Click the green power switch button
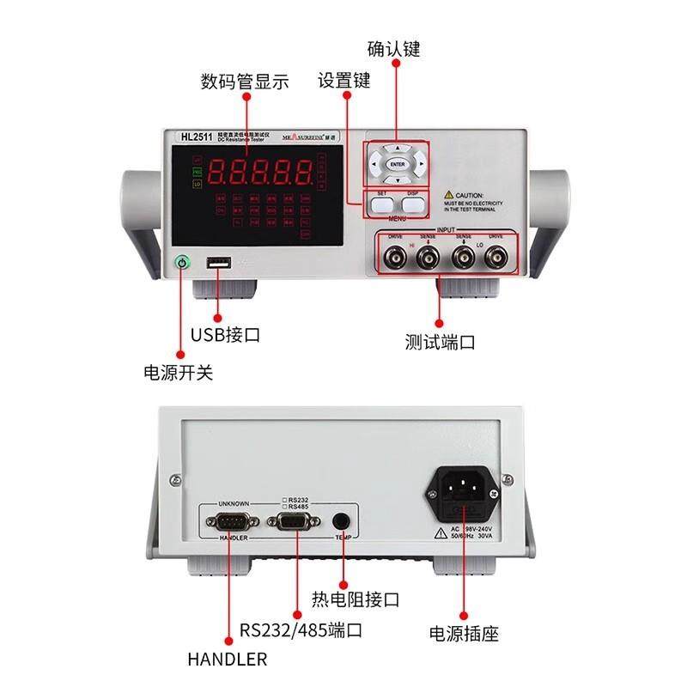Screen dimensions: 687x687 181,264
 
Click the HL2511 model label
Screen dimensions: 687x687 196,137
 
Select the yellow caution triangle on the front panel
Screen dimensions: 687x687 449,196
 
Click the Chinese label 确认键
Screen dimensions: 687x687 394,48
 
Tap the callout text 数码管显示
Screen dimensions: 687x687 245,82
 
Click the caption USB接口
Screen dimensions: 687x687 225,335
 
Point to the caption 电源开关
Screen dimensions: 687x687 178,374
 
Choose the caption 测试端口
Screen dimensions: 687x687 441,342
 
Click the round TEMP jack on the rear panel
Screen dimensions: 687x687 343,520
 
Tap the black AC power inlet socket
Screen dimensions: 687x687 465,495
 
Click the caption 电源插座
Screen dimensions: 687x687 464,635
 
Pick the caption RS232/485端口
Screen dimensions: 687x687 301,630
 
